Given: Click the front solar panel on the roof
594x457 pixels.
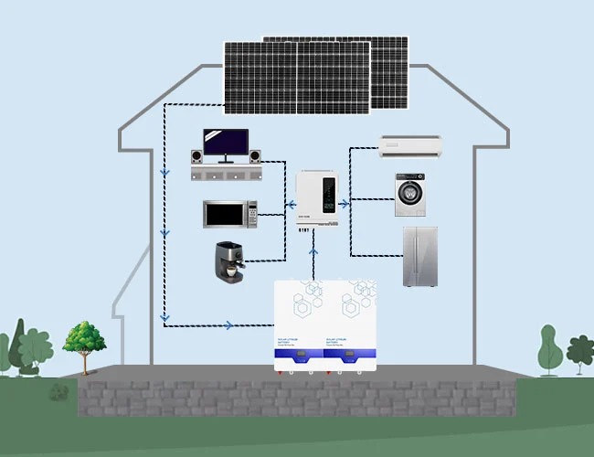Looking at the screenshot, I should pos(296,77).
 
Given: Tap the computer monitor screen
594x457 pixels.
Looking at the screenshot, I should pos(225,143).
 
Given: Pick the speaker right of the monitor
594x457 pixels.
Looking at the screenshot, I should pos(255,156).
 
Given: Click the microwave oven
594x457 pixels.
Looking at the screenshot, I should pos(229,214).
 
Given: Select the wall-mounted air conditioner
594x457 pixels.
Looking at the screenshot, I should pos(410,143).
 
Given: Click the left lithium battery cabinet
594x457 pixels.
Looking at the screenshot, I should pos(301,324).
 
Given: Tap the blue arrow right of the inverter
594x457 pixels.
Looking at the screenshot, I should pos(345,205).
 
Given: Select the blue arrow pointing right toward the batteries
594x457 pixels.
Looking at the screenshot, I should pos(228,324).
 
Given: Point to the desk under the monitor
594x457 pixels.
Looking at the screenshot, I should pos(226,172).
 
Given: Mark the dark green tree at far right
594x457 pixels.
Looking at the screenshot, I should pos(579,352).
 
